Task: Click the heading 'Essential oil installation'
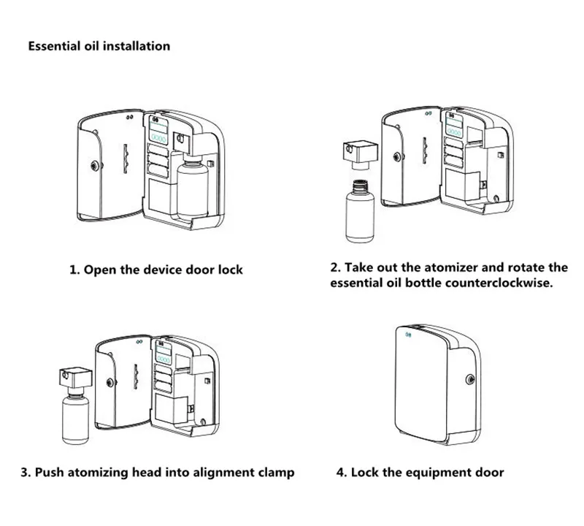click(x=99, y=46)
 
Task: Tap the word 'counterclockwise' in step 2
click(x=499, y=283)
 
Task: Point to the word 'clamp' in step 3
click(x=275, y=473)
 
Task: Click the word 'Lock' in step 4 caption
click(x=364, y=473)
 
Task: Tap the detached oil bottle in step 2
click(x=359, y=211)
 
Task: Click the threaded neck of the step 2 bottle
click(x=359, y=186)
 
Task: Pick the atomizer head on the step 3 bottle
click(x=76, y=379)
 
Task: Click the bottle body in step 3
click(x=76, y=419)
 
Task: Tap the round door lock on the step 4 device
click(x=470, y=379)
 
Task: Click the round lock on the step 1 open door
click(x=96, y=165)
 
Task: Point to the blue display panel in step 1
click(x=158, y=129)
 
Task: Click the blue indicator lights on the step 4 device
click(x=408, y=335)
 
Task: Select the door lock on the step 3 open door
click(x=111, y=382)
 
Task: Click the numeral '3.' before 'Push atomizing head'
click(x=26, y=473)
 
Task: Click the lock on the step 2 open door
click(x=398, y=157)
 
